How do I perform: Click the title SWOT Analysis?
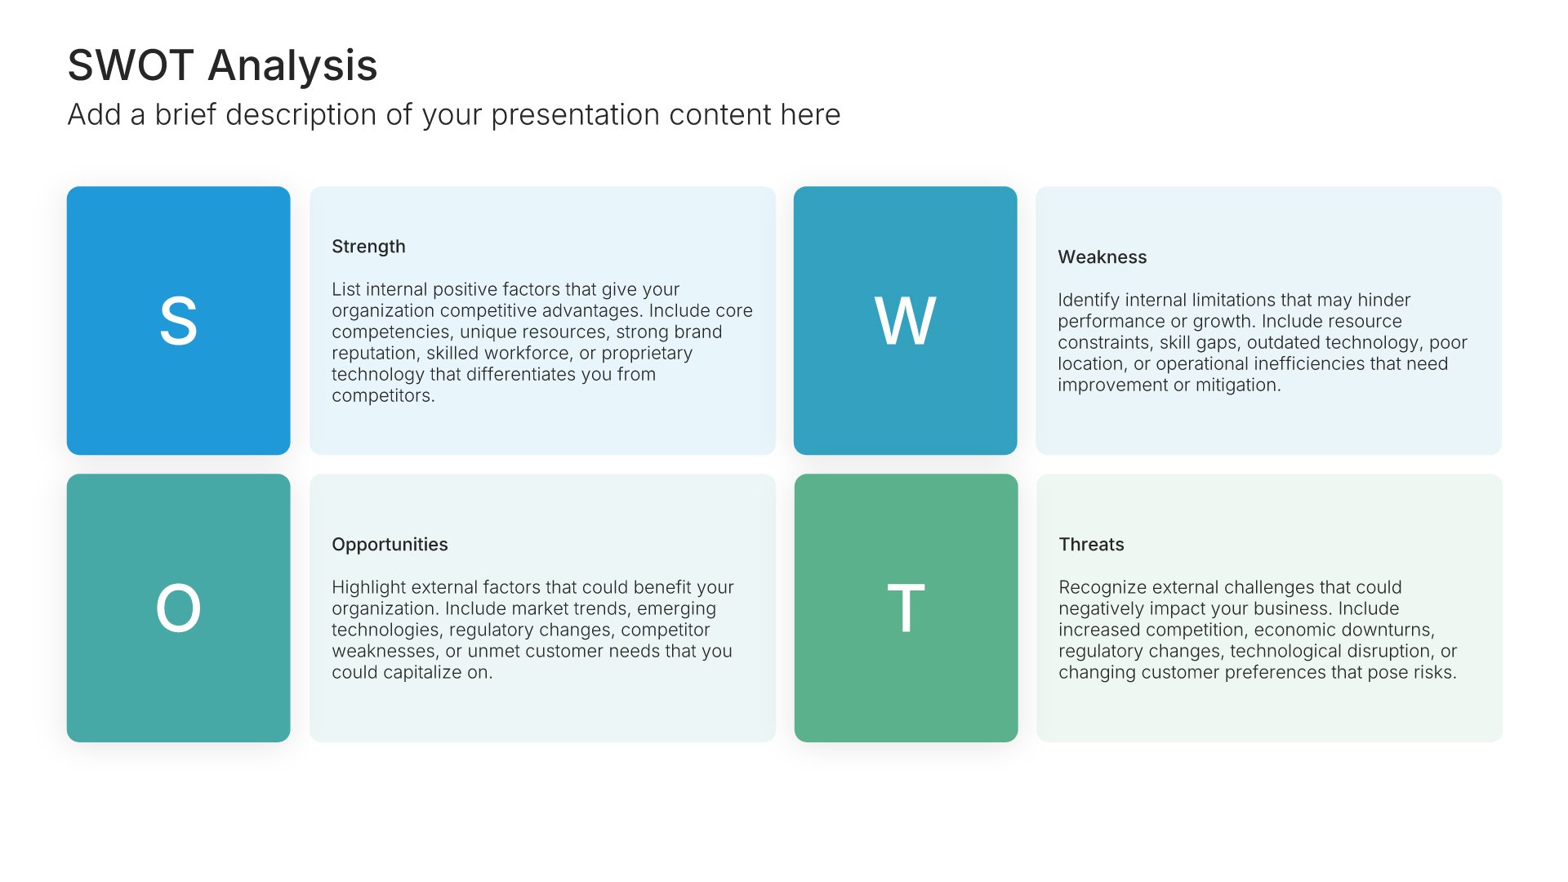pyautogui.click(x=222, y=65)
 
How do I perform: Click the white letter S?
pyautogui.click(x=178, y=321)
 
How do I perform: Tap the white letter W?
pyautogui.click(x=905, y=321)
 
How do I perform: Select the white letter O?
pyautogui.click(x=178, y=608)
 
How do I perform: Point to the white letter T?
pyautogui.click(x=906, y=608)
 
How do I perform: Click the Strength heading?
pyautogui.click(x=368, y=247)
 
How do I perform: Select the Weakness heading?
pyautogui.click(x=1102, y=257)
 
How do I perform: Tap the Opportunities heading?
pyautogui.click(x=390, y=545)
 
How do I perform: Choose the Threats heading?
pyautogui.click(x=1091, y=545)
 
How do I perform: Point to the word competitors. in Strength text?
pyautogui.click(x=383, y=396)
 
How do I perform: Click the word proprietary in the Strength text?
pyautogui.click(x=647, y=354)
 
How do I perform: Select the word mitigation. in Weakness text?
pyautogui.click(x=1238, y=385)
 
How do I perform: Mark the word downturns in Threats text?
pyautogui.click(x=1388, y=630)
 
